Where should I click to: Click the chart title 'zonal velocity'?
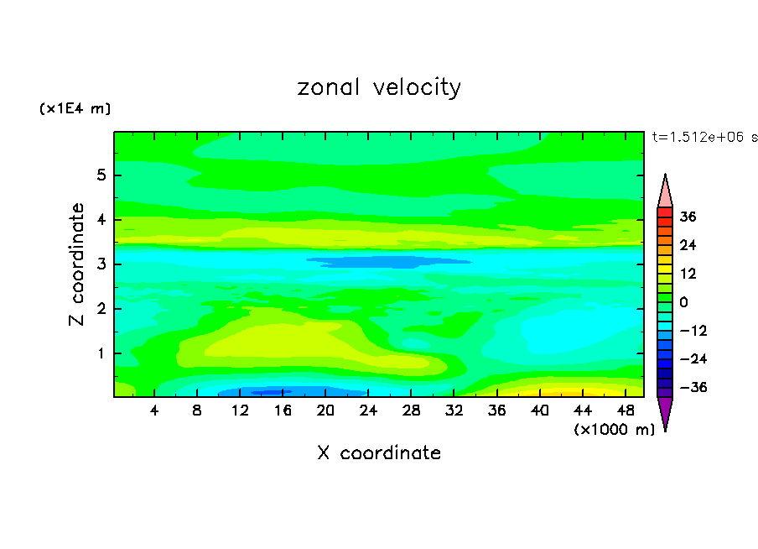point(379,87)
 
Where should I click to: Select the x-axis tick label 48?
point(626,411)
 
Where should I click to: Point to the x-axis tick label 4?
point(154,411)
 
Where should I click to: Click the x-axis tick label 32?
point(454,411)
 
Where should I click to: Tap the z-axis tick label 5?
point(100,175)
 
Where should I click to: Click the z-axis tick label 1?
point(100,353)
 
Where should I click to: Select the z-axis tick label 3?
point(100,264)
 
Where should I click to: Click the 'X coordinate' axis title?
point(379,453)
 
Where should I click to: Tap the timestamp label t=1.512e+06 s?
point(704,137)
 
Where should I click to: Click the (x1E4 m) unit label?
point(75,109)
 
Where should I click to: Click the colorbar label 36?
point(688,217)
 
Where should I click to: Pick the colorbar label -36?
point(686,388)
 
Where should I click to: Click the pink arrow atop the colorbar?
point(665,191)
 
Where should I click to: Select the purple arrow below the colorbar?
point(665,412)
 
